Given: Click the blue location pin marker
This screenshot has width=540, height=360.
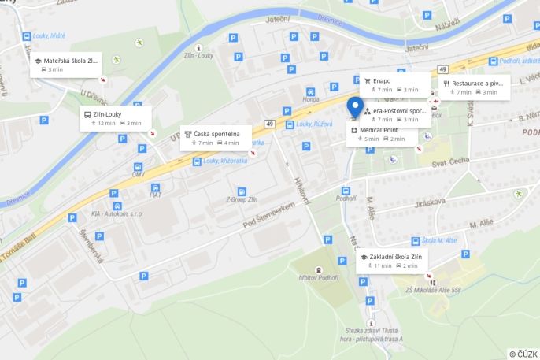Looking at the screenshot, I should click(355, 106).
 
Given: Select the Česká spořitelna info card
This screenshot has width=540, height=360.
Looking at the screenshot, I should click(217, 138).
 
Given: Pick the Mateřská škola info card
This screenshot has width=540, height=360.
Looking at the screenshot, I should click(66, 65).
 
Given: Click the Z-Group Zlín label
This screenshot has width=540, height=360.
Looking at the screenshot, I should click(241, 199).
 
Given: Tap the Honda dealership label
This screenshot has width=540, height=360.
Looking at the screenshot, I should click(311, 99).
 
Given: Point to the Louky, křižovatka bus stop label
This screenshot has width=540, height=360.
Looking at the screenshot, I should click(225, 161).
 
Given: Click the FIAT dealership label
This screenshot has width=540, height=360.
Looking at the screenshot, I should click(155, 195).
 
